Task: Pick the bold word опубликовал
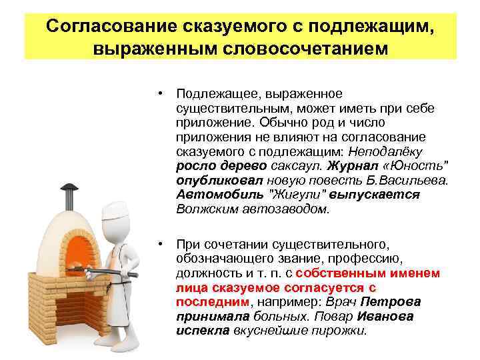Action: pos(219,180)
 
